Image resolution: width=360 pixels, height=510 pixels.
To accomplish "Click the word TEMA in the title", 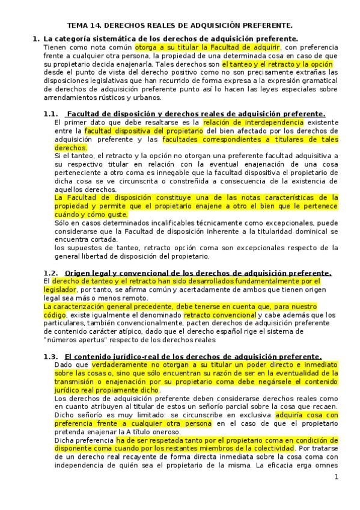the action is pyautogui.click(x=77, y=26).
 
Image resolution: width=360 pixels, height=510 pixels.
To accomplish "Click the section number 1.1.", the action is pyautogui.click(x=52, y=114).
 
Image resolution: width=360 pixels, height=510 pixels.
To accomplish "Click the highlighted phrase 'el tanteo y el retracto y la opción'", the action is pyautogui.click(x=277, y=63).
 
